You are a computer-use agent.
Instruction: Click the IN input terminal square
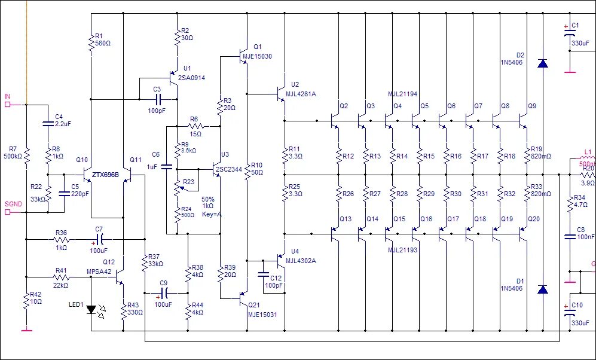point(8,105)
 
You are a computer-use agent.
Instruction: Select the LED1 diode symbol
point(91,310)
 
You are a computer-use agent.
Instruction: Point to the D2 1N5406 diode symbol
point(542,63)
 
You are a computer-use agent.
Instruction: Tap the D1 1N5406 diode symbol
point(542,289)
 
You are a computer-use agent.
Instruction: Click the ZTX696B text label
point(105,176)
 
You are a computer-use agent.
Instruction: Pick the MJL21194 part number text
point(402,94)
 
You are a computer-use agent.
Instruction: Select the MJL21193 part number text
point(402,250)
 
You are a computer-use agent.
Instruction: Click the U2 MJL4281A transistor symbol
point(281,94)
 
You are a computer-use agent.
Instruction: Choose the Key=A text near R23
point(212,213)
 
